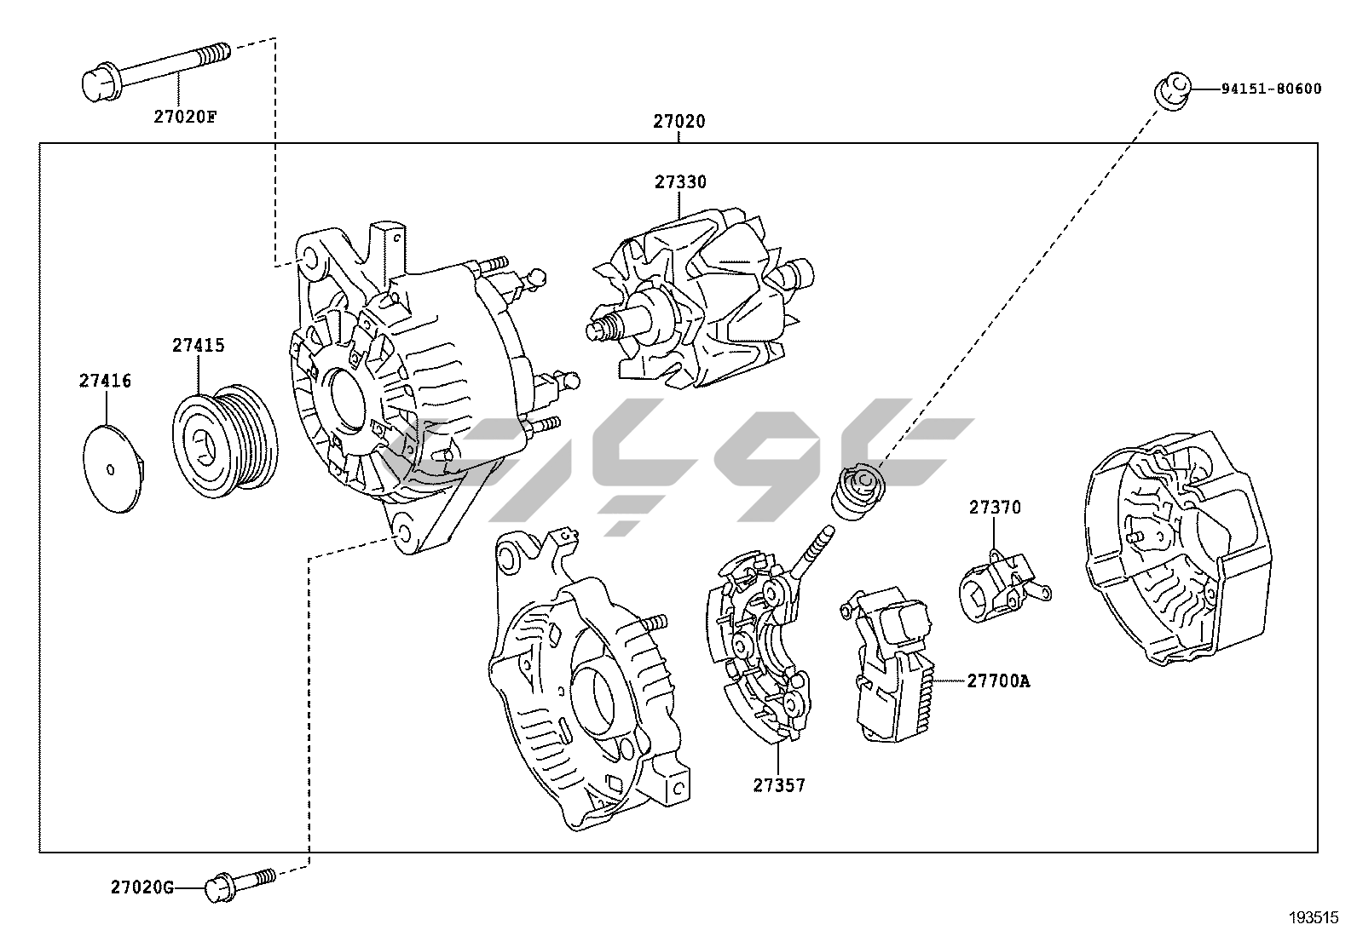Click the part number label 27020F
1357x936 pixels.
pos(185,117)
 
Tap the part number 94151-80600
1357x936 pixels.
pos(1270,89)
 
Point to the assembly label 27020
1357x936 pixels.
pos(679,122)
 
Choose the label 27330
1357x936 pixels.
pos(680,182)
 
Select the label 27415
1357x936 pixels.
pos(198,346)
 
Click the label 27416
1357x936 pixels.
pos(106,381)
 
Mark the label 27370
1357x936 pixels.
pos(994,508)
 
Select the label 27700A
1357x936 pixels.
pos(998,680)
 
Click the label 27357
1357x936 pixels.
pos(778,785)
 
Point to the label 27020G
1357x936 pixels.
pos(142,887)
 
